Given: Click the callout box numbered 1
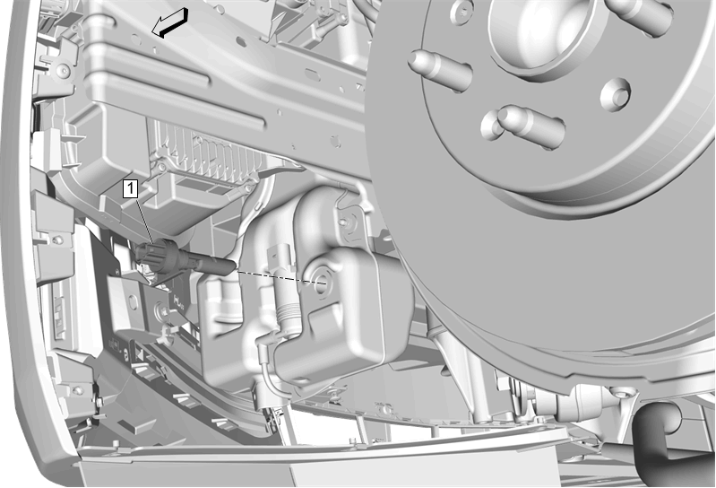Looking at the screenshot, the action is tap(131, 189).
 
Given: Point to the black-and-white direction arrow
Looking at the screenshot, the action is tap(169, 22).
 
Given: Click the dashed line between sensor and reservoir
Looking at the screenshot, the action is tap(279, 276).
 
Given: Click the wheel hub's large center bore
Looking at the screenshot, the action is tap(548, 32).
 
